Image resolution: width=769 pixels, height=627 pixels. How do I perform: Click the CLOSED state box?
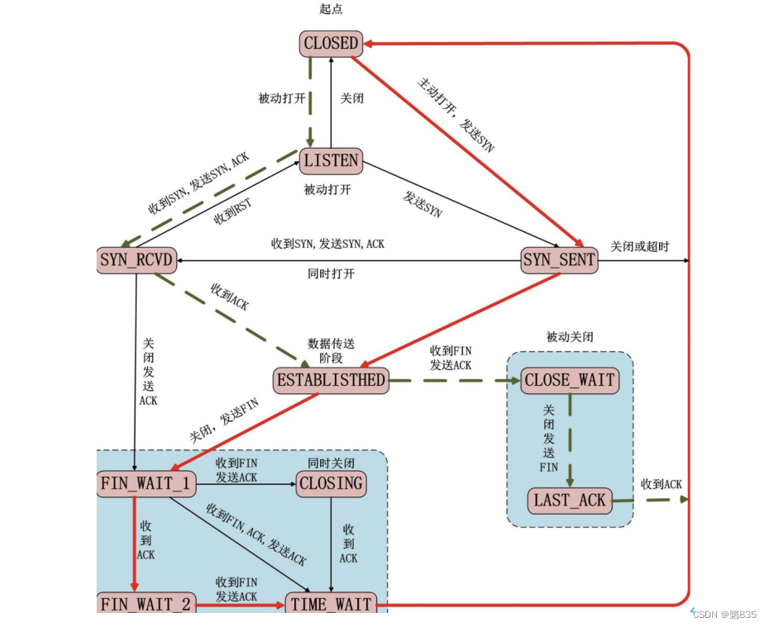point(331,43)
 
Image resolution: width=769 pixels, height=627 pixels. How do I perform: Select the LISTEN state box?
point(331,160)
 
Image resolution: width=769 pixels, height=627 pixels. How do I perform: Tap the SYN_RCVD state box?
point(136,261)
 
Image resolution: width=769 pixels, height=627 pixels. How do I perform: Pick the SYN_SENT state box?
point(559,261)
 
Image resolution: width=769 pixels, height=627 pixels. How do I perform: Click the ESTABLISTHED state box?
point(331,380)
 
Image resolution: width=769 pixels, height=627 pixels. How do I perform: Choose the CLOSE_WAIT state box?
point(569,380)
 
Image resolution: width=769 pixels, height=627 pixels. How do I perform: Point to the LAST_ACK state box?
point(569,500)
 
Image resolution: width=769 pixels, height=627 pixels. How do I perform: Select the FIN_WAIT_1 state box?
point(146,484)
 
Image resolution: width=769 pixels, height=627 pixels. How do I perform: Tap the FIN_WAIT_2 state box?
point(146,604)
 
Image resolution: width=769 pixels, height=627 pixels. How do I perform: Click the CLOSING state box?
point(331,484)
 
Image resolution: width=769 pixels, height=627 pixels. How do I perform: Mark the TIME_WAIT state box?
point(331,604)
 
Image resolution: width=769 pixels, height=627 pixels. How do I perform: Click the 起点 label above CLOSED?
point(331,9)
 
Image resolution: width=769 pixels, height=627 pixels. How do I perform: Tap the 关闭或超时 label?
point(639,246)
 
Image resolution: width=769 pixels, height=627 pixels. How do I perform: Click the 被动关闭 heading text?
point(570,337)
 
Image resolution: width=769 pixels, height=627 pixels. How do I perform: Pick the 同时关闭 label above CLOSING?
point(331,463)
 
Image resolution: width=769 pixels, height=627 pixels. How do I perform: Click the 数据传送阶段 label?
point(331,350)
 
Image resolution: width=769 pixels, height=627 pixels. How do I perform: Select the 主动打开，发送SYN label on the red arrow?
point(456,114)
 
